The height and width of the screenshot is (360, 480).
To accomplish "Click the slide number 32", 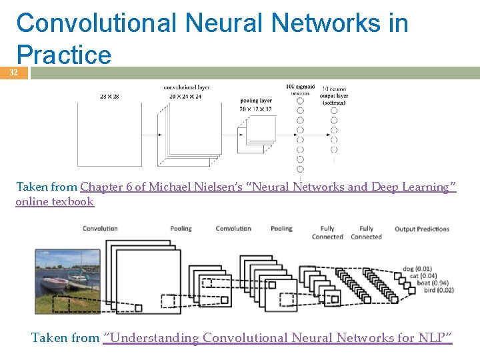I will [x=13, y=73].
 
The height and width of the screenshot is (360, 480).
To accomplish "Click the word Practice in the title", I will [x=64, y=55].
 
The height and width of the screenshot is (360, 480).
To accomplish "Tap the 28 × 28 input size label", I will [x=109, y=97].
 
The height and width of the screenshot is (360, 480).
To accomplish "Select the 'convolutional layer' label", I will [x=187, y=87].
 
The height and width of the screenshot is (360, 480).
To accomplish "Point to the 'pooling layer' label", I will [x=256, y=101].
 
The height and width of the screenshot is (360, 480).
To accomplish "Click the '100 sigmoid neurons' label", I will [x=299, y=90].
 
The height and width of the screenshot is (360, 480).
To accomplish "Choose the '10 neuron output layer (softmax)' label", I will [x=334, y=95].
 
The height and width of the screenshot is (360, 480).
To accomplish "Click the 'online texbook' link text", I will [x=55, y=201].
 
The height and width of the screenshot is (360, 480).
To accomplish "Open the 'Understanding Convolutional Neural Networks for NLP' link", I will [x=278, y=338].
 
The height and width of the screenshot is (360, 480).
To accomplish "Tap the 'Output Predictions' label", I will [x=421, y=229].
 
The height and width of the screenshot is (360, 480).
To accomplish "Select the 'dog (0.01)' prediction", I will [x=418, y=269].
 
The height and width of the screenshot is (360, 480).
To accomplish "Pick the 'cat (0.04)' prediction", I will [x=418, y=276].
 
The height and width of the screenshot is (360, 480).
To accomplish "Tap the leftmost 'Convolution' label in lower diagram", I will [x=100, y=229].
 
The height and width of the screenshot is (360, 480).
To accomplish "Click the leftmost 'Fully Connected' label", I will [x=327, y=233].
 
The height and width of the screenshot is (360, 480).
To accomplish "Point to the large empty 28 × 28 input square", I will [x=109, y=133].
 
